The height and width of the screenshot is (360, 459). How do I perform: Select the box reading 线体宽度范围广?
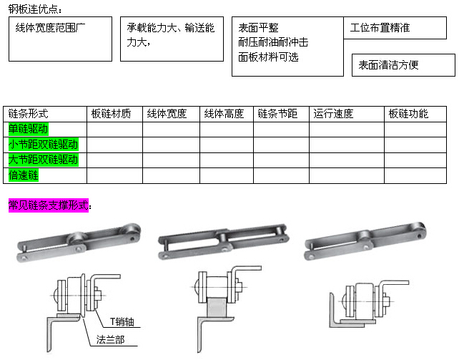pyautogui.click(x=60, y=39)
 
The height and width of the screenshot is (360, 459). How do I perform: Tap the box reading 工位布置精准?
pyautogui.click(x=395, y=28)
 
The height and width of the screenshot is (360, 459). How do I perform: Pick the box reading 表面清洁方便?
pyautogui.click(x=403, y=65)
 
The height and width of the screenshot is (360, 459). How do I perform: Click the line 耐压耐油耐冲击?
pyautogui.click(x=273, y=42)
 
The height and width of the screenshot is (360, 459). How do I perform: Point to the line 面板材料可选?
pyautogui.click(x=268, y=57)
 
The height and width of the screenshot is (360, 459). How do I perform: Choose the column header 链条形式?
pyautogui.click(x=28, y=114)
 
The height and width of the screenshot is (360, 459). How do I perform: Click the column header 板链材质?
pyautogui.click(x=111, y=114)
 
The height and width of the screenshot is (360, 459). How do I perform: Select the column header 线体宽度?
pyautogui.click(x=167, y=114)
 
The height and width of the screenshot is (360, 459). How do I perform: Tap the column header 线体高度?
pyautogui.click(x=224, y=114)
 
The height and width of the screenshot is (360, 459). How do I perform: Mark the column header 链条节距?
pyautogui.click(x=277, y=114)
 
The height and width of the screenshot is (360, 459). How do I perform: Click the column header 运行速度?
pyautogui.click(x=333, y=114)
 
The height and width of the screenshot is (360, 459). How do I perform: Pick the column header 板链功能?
pyautogui.click(x=408, y=114)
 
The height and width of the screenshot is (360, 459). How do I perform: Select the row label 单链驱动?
pyautogui.click(x=29, y=129)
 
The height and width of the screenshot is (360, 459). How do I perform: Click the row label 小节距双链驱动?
pyautogui.click(x=44, y=145)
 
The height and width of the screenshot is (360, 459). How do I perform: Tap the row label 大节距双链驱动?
pyautogui.click(x=44, y=160)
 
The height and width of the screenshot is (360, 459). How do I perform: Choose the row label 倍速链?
pyautogui.click(x=24, y=175)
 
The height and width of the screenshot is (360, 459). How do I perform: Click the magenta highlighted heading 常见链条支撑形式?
pyautogui.click(x=49, y=205)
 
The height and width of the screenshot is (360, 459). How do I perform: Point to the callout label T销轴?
pyautogui.click(x=122, y=322)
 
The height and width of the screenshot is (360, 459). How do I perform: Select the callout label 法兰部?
pyautogui.click(x=111, y=340)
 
